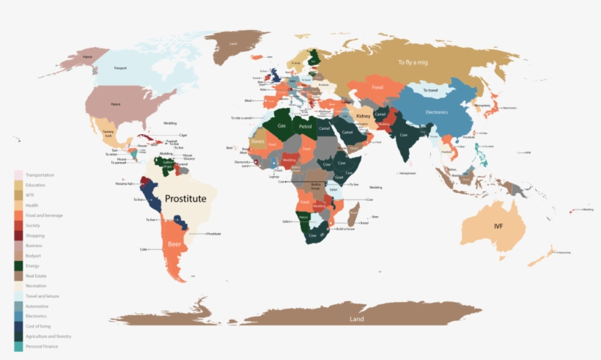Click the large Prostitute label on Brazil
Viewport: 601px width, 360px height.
tap(185, 199)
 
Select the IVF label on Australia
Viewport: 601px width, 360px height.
tap(499, 226)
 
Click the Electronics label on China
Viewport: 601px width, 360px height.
tap(436, 112)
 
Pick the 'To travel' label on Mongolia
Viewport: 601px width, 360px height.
tap(429, 90)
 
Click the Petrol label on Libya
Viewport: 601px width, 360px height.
tap(306, 126)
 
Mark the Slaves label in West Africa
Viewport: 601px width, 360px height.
tap(258, 142)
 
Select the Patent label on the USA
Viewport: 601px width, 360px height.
tap(115, 104)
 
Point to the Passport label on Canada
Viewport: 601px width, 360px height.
tap(120, 68)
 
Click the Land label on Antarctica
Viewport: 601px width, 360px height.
tap(356, 320)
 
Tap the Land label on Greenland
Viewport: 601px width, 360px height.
tap(233, 44)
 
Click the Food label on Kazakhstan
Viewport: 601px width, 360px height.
tap(377, 88)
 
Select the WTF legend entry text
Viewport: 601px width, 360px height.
tap(30, 195)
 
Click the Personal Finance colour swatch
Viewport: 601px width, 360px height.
tap(18, 346)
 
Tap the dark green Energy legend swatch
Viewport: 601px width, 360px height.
tap(18, 265)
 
